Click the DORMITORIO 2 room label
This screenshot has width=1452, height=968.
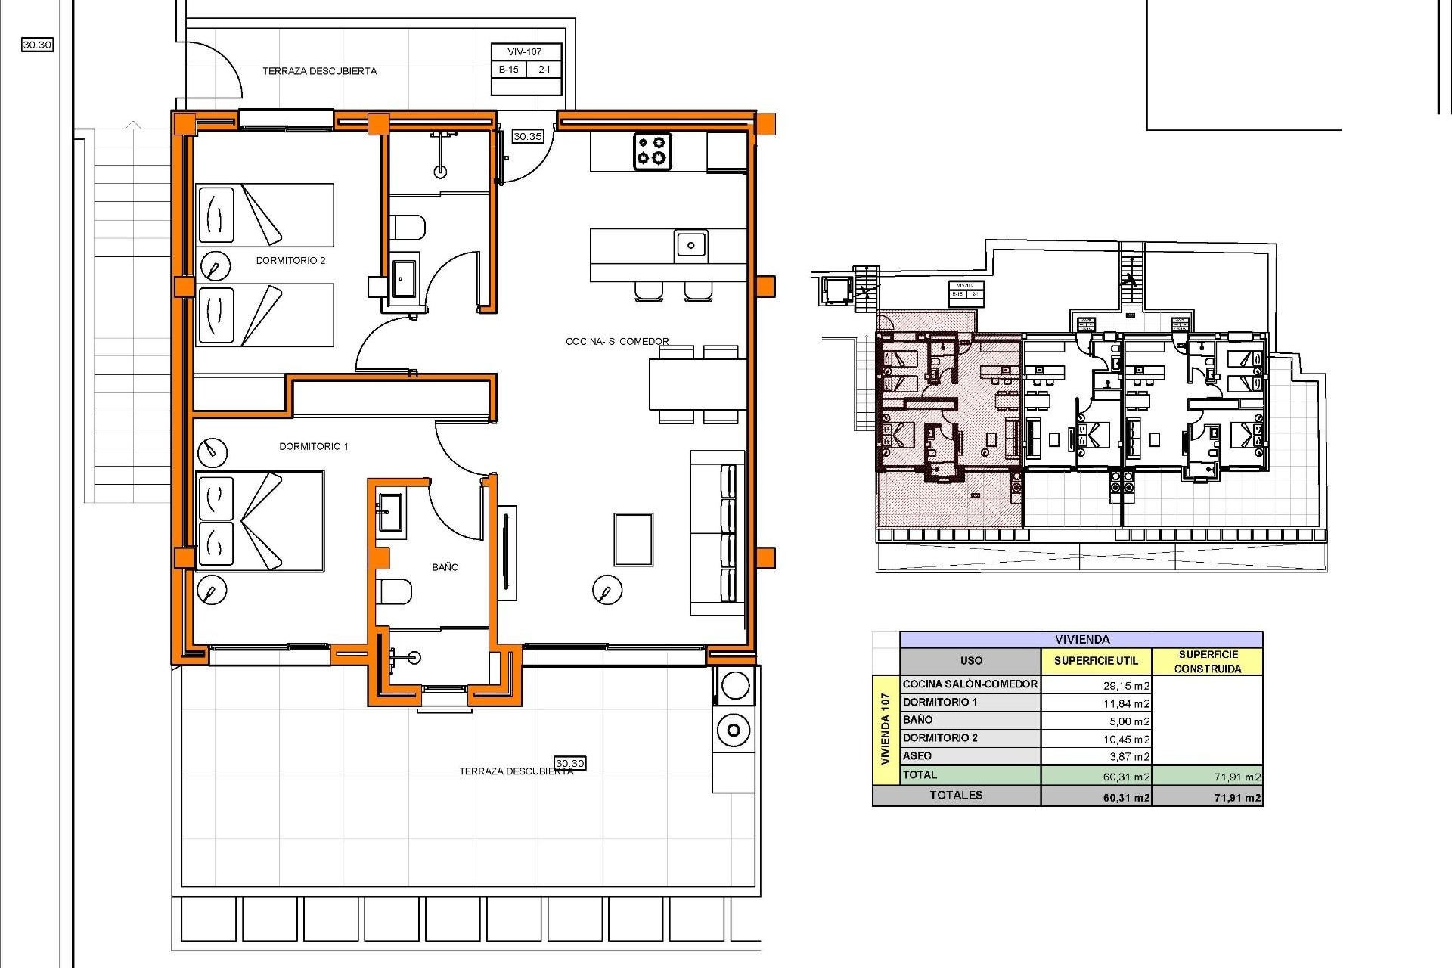pyautogui.click(x=290, y=261)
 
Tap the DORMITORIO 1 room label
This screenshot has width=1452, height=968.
pyautogui.click(x=313, y=447)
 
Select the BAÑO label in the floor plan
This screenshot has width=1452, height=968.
pyautogui.click(x=445, y=567)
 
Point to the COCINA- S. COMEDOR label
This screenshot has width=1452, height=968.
pyautogui.click(x=617, y=342)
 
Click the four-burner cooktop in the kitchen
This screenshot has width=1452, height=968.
pyautogui.click(x=652, y=150)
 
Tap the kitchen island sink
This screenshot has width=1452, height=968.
pyautogui.click(x=690, y=244)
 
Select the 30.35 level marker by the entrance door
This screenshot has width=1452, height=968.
pyautogui.click(x=527, y=137)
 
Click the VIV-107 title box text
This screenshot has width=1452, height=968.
pyautogui.click(x=525, y=52)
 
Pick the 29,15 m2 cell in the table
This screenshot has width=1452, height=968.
pyautogui.click(x=1126, y=686)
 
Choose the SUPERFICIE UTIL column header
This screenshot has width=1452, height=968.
pyautogui.click(x=1096, y=661)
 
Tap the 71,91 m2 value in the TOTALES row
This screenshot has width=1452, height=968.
pyautogui.click(x=1237, y=798)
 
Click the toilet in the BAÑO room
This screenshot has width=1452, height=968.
pyautogui.click(x=395, y=592)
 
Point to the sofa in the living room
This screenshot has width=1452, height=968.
pyautogui.click(x=718, y=533)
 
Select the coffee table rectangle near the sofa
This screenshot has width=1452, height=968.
pyautogui.click(x=633, y=540)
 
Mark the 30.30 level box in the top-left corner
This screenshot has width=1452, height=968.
pyautogui.click(x=37, y=45)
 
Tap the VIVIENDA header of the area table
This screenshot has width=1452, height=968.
pyautogui.click(x=1081, y=640)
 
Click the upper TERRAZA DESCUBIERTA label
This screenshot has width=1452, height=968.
pyautogui.click(x=319, y=71)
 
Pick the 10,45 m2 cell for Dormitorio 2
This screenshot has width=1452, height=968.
pyautogui.click(x=1126, y=740)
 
